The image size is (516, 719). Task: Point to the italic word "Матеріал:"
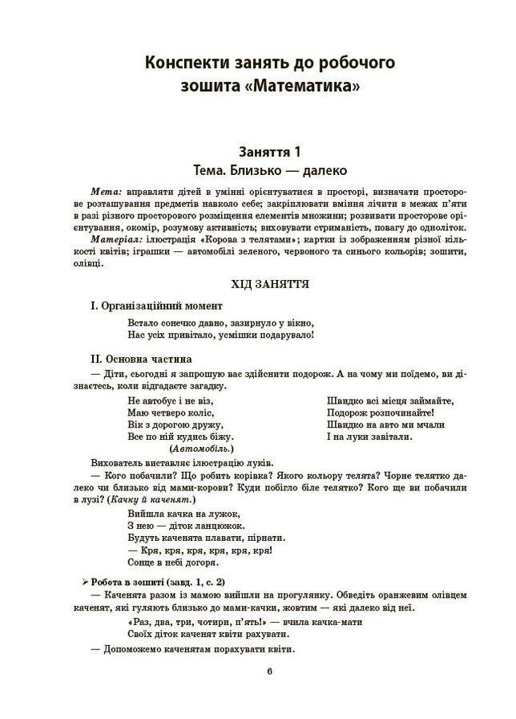(x=119, y=239)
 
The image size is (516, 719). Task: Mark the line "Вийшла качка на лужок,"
(x=183, y=513)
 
